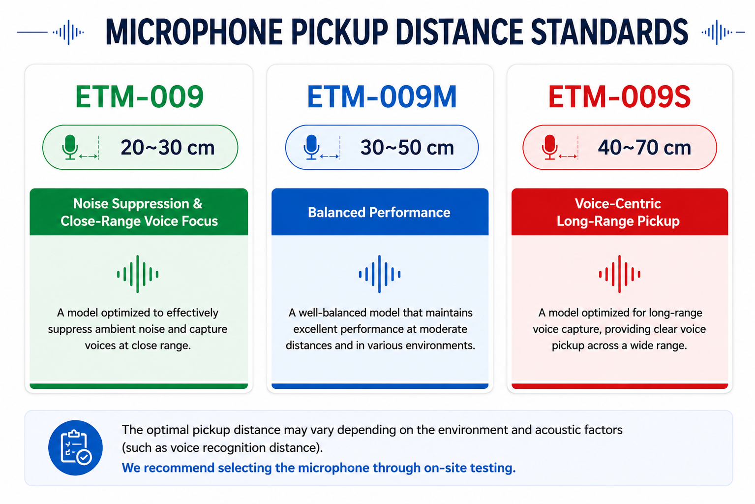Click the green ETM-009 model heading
139,97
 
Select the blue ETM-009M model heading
382,97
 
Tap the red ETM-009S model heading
620,97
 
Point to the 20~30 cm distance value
168,148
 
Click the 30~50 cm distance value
407,148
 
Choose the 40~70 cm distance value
644,148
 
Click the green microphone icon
70,147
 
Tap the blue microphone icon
311,147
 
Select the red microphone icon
550,147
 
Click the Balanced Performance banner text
379,213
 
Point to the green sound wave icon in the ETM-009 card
138,274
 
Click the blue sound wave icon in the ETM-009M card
380,274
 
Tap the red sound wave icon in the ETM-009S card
620,274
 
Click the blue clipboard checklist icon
76,448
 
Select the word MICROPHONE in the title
194,32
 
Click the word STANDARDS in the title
609,32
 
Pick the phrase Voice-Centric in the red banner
618,203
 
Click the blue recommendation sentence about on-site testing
319,468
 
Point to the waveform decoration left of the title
51,32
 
